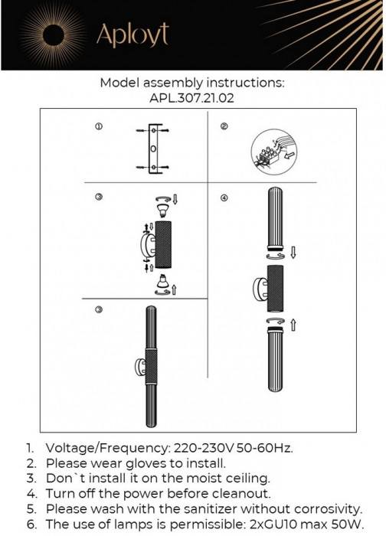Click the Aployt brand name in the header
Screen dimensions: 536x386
tap(132, 34)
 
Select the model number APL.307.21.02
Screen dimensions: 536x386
tap(192, 98)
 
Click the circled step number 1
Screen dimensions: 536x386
tap(99, 126)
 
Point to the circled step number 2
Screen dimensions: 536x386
tap(224, 126)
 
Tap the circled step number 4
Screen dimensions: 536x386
tap(224, 198)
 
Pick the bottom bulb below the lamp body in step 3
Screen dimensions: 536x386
tap(162, 285)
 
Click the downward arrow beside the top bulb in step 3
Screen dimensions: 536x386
tap(175, 200)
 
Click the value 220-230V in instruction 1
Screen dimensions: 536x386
tap(197, 447)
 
